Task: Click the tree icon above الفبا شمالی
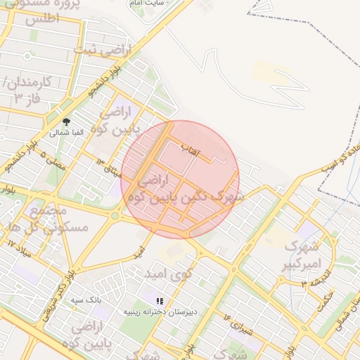(66, 122)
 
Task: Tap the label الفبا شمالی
(66, 132)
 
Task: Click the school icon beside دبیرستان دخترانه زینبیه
(160, 301)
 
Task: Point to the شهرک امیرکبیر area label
(301, 255)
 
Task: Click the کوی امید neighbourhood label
(168, 272)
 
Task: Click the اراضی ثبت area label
(97, 50)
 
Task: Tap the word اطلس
(42, 19)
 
